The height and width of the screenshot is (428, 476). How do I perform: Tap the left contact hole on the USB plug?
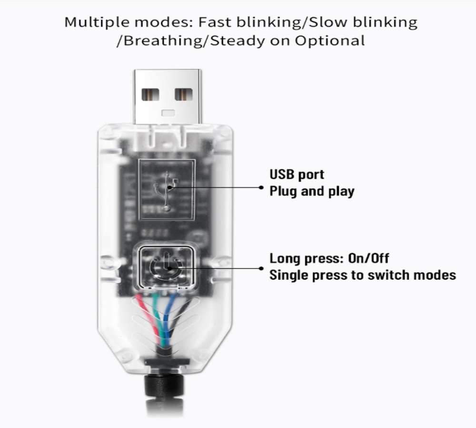[x=151, y=94]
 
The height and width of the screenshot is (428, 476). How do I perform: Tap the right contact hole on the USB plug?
[x=183, y=94]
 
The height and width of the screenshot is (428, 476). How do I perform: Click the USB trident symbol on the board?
[x=167, y=190]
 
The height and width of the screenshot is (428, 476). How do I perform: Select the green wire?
[x=159, y=316]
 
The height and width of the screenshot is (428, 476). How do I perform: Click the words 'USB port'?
[x=297, y=175]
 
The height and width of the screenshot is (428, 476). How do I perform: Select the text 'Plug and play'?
[x=312, y=192]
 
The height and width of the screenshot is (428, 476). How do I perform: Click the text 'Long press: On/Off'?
[x=329, y=258]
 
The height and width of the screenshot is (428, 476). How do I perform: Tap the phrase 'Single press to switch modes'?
[x=362, y=275]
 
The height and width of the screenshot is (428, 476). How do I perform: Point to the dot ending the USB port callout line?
[x=261, y=187]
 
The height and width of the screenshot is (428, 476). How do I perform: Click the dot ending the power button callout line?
[x=261, y=268]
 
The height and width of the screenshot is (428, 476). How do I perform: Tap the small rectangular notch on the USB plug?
[x=167, y=113]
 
